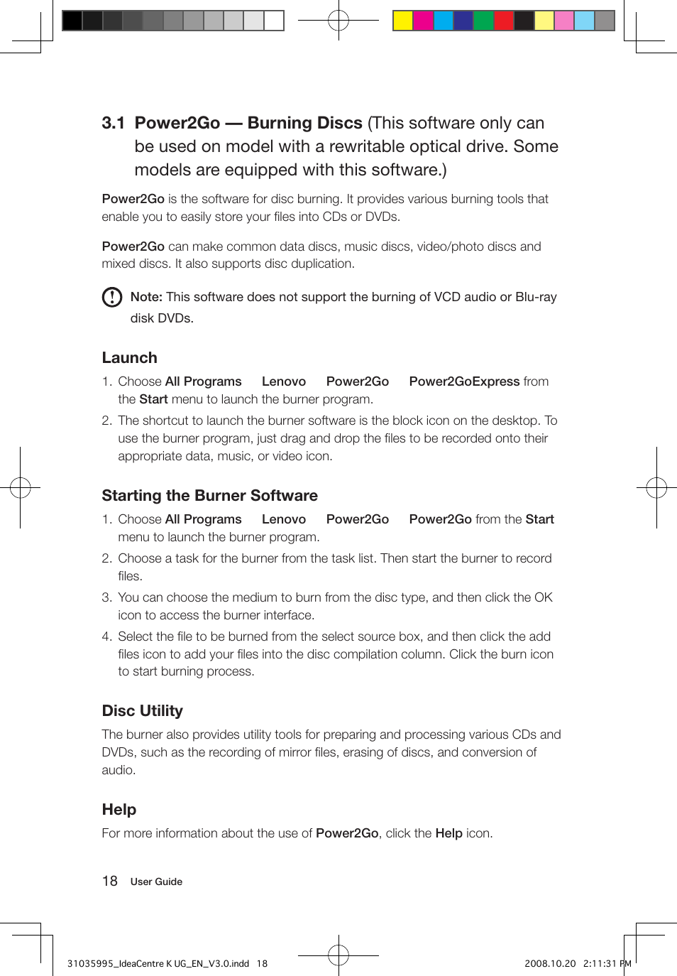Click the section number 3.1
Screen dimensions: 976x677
coord(113,123)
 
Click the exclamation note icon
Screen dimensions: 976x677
coord(112,297)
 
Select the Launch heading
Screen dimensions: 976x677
coord(129,358)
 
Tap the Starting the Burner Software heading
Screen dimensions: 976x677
coord(209,496)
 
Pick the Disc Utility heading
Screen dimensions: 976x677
coord(142,711)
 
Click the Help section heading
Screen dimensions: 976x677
coord(119,810)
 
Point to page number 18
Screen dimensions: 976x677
coord(109,882)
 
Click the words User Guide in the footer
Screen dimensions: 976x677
coord(156,882)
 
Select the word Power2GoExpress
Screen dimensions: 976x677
coord(464,381)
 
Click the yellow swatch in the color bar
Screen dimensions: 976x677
coord(403,21)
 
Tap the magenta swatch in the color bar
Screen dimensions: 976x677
coord(423,21)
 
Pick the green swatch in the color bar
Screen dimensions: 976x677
coord(483,21)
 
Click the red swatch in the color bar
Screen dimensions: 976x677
coord(504,21)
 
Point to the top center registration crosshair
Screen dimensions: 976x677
coord(338,21)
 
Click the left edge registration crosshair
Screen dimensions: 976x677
coord(20,488)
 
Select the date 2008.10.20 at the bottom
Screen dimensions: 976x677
coord(550,964)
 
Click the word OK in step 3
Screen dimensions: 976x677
coord(544,597)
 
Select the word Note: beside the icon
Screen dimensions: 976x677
coord(146,297)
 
